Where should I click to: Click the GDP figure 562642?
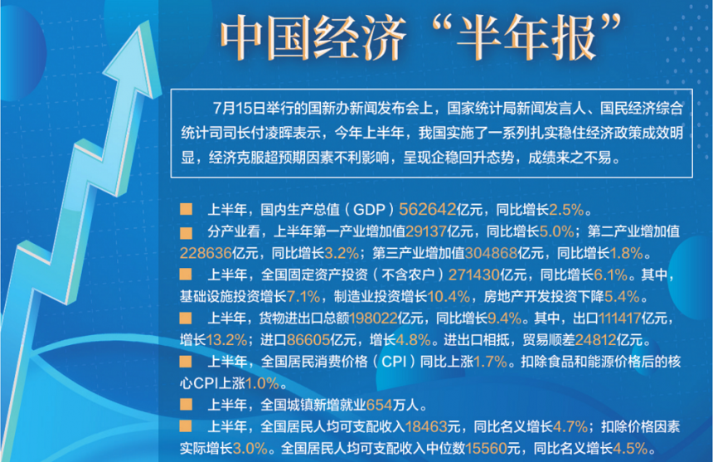point(428,209)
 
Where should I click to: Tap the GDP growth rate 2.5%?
point(566,209)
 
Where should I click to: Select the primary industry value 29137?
point(426,231)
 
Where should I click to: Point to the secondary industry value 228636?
point(206,253)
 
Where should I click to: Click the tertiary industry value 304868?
point(491,253)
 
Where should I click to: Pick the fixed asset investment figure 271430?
point(474,275)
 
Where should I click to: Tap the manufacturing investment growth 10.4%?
point(449,296)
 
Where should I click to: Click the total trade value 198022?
point(373,318)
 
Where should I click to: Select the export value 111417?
point(620,318)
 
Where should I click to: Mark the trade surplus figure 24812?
point(595,340)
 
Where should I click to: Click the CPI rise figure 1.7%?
point(490,362)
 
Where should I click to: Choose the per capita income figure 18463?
point(426,426)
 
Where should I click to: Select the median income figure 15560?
point(487,449)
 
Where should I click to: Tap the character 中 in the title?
point(243,38)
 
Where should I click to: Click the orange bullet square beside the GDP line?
point(186,209)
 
